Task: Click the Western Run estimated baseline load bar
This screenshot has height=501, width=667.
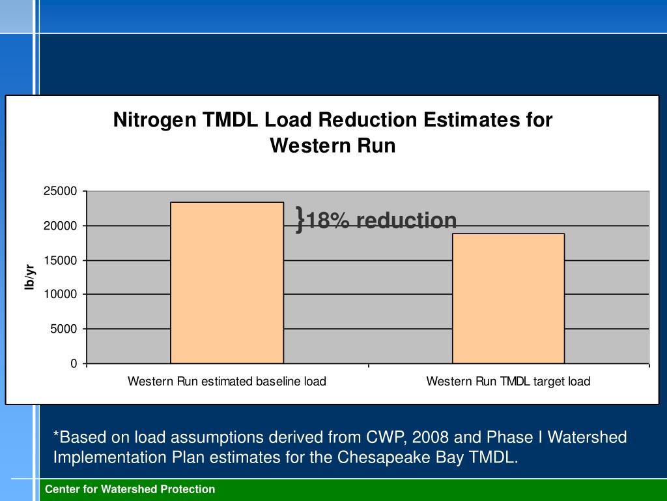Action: (227, 282)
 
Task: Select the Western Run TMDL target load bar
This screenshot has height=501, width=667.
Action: (508, 298)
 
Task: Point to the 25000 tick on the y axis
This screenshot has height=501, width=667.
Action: (61, 191)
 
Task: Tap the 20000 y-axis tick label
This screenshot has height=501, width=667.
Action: (61, 226)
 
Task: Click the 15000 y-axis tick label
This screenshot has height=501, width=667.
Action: (61, 260)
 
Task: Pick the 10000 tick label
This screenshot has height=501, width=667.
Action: (61, 294)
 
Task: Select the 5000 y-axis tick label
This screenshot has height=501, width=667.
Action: (64, 329)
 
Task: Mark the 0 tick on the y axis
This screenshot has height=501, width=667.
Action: (74, 363)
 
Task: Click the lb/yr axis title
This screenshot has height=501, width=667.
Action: (29, 277)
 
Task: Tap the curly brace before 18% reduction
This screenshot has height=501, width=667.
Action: (300, 219)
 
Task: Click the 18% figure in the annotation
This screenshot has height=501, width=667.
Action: (329, 220)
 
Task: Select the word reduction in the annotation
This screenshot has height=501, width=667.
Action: (406, 220)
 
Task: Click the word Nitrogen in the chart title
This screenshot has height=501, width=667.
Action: (154, 120)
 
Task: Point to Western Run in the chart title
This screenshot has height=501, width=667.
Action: (333, 145)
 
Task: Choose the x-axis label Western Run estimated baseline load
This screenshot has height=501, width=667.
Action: (227, 381)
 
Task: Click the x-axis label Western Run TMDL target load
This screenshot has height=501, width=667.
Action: (508, 381)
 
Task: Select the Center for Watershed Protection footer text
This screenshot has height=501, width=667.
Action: (130, 489)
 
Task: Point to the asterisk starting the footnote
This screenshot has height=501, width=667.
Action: (56, 435)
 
